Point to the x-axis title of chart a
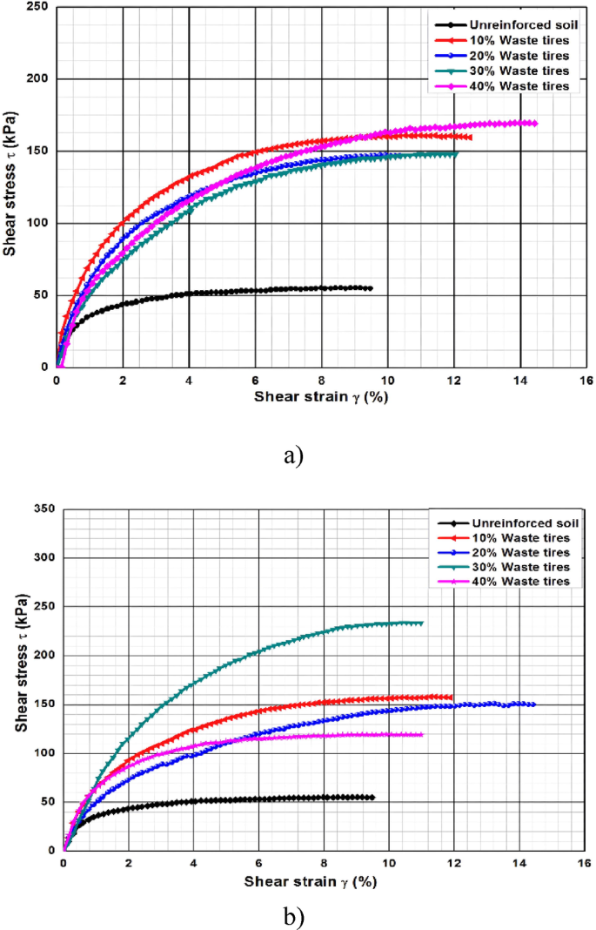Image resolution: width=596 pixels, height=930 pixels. tap(320, 397)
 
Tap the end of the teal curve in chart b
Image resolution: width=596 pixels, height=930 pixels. tap(421, 623)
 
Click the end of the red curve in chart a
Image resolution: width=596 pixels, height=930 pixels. tap(470, 137)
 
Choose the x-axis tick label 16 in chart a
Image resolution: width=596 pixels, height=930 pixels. tap(586, 380)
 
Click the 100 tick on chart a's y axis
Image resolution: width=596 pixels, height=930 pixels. tap(38, 223)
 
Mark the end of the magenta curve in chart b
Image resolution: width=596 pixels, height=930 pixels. tap(421, 734)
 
